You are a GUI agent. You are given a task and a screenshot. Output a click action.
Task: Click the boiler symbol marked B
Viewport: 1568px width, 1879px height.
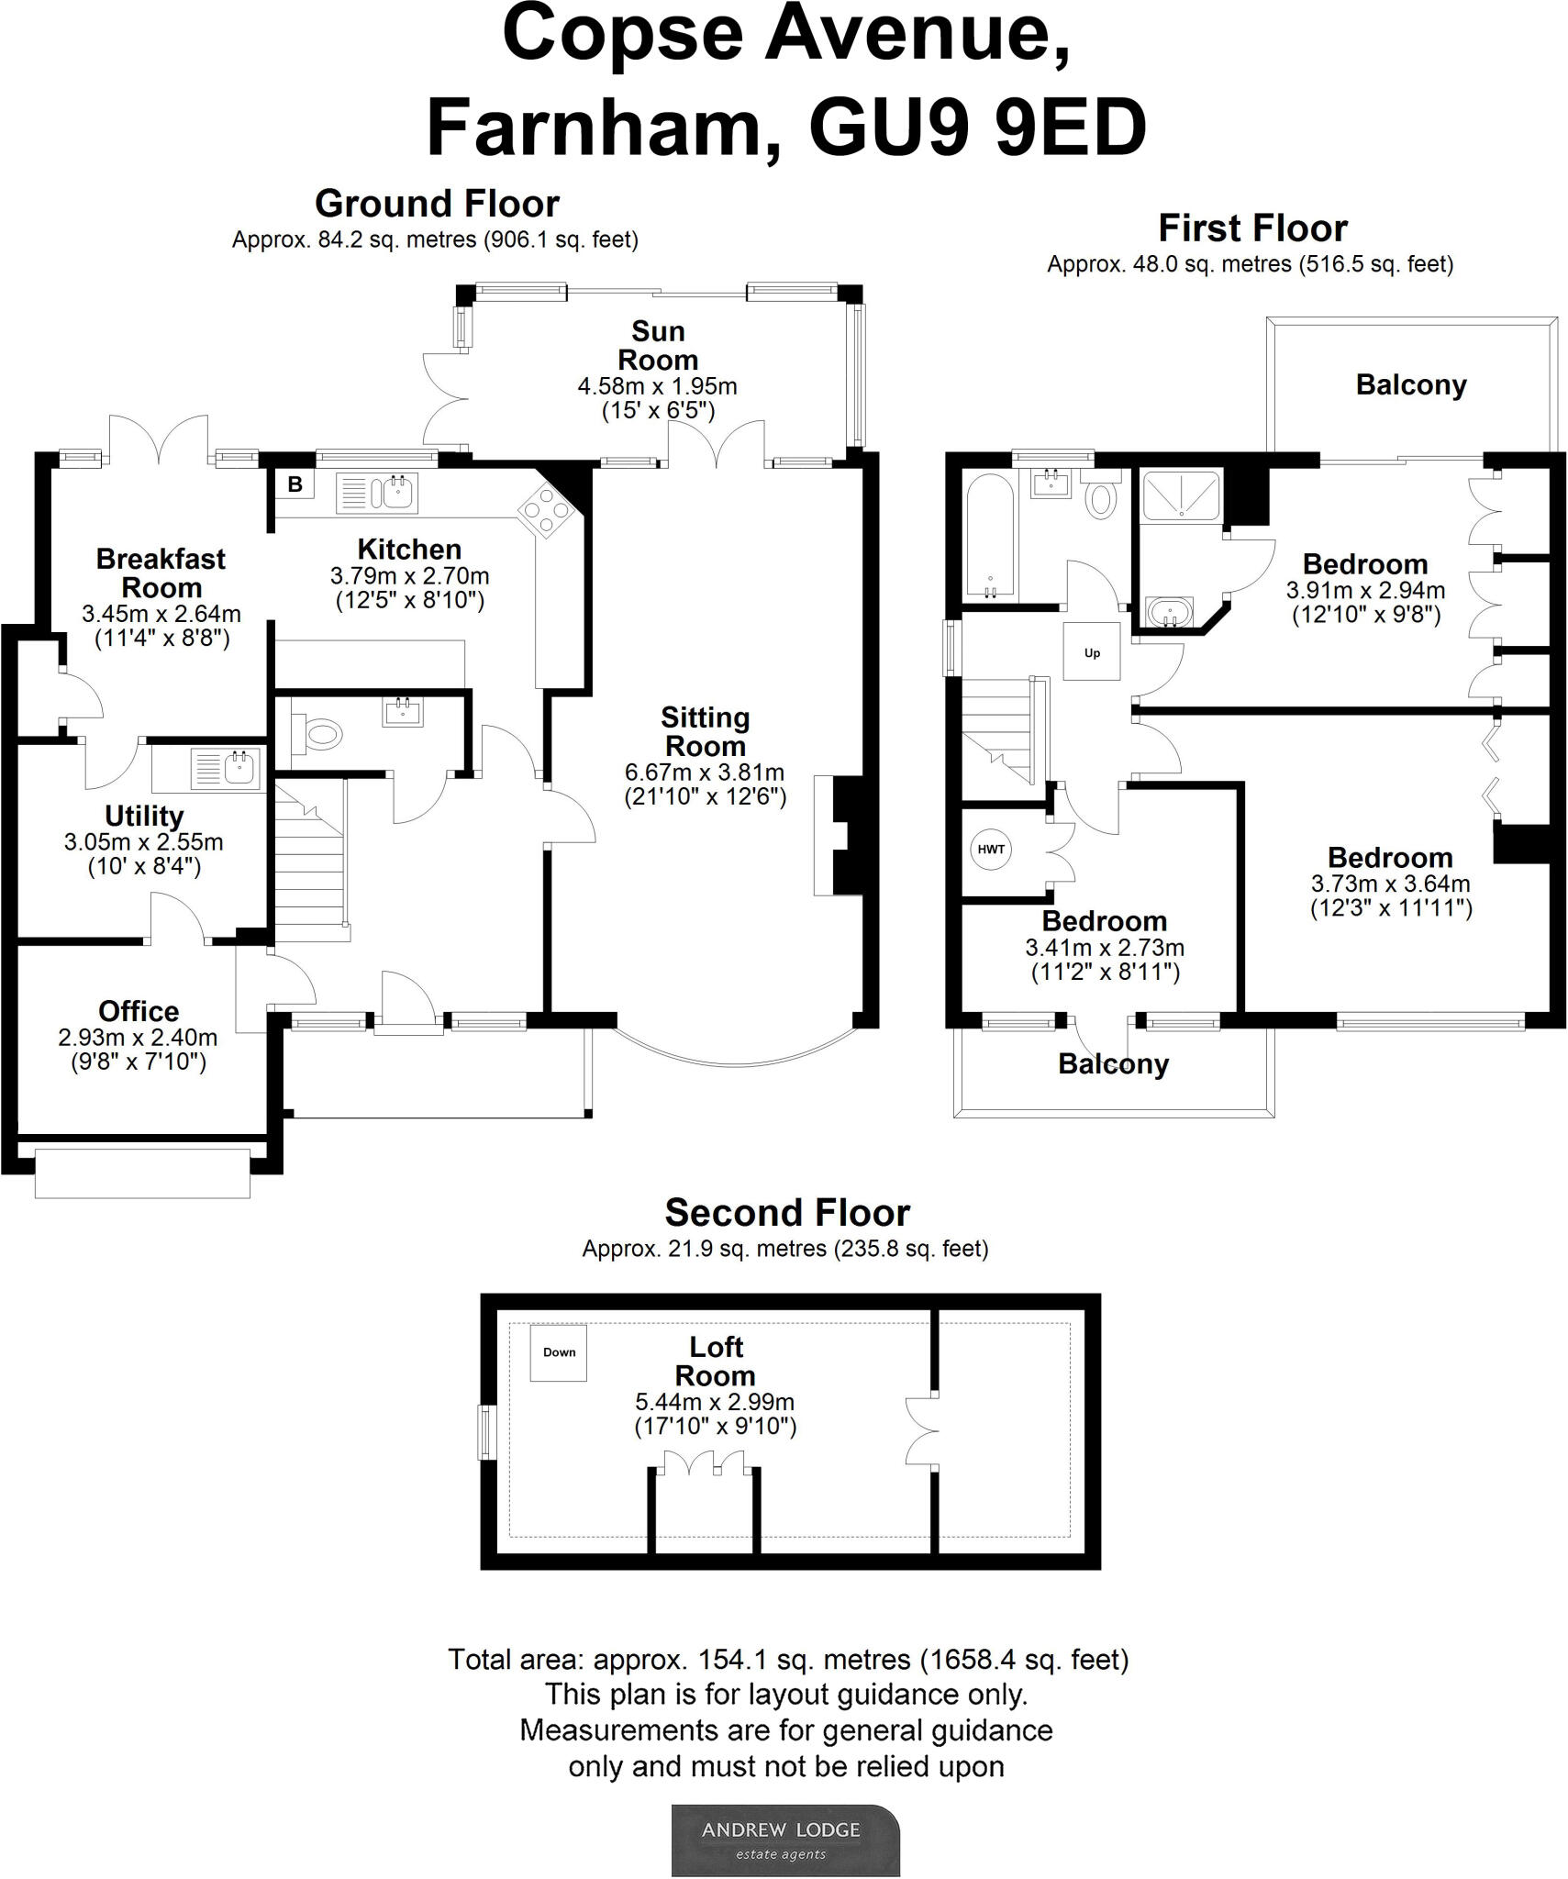(x=295, y=484)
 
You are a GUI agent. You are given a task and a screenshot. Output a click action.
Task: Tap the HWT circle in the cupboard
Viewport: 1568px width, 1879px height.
(x=991, y=849)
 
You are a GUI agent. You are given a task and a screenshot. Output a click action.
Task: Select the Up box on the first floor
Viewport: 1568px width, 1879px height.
(x=1092, y=652)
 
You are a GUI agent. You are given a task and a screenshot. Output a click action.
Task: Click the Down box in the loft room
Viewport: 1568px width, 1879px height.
(x=559, y=1351)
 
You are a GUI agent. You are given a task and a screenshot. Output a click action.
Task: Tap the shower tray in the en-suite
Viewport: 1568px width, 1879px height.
(x=1181, y=496)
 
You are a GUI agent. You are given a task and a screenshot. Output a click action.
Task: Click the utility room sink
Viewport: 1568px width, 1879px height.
(x=227, y=768)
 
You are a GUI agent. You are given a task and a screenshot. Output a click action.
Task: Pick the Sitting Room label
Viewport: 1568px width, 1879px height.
(x=705, y=731)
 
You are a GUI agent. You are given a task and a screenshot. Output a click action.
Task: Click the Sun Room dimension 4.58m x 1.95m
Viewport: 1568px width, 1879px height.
(x=657, y=386)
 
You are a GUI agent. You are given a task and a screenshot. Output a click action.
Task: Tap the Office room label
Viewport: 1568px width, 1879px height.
(x=139, y=1011)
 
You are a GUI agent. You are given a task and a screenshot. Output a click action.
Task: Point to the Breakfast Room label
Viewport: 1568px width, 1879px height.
(x=161, y=573)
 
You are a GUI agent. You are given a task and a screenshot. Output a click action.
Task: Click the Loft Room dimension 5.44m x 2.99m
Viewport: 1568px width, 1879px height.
(x=715, y=1401)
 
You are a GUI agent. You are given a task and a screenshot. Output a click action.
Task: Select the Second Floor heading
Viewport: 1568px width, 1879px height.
(x=787, y=1213)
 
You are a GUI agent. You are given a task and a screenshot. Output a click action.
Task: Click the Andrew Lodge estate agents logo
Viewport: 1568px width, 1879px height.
(x=785, y=1840)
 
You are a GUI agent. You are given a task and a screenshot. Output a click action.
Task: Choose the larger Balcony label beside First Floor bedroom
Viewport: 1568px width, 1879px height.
(x=1411, y=384)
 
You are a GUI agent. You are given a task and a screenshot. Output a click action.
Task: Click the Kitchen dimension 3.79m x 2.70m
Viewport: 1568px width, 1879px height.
(x=409, y=576)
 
